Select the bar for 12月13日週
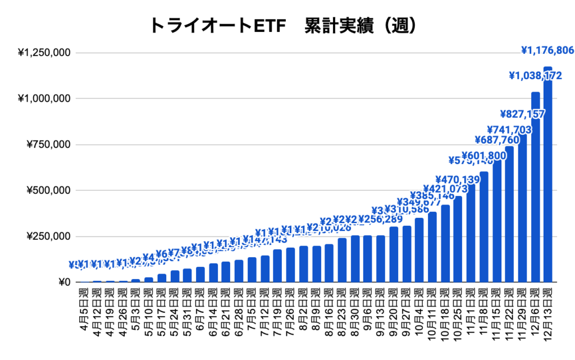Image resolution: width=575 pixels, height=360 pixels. click(548, 174)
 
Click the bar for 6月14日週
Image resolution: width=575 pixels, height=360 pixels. click(213, 273)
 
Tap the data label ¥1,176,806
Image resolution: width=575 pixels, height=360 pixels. click(547, 51)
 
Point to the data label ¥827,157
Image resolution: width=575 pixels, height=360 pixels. click(523, 114)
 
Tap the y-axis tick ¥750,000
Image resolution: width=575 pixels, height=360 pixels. click(48, 144)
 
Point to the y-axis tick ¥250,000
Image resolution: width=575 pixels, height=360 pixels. click(48, 236)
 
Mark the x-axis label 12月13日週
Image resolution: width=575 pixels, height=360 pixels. click(548, 309)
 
